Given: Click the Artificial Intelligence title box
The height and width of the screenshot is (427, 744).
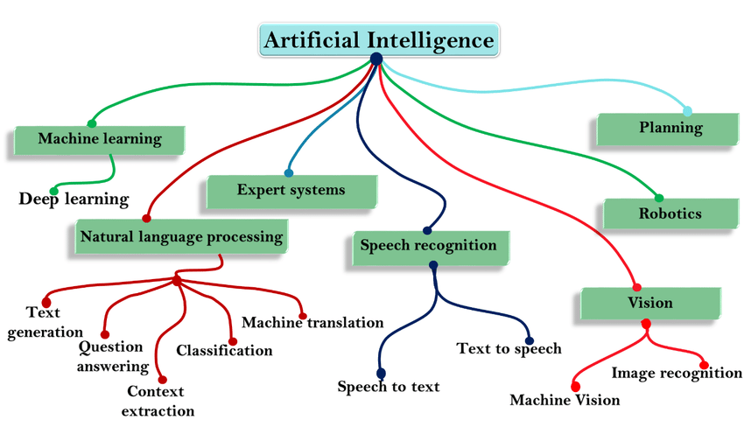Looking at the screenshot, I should [x=378, y=40].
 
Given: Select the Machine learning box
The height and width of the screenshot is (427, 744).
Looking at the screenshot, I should [x=100, y=138].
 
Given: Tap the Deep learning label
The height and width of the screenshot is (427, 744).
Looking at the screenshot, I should [x=74, y=199].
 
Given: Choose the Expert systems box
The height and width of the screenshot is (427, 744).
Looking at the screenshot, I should [x=291, y=190].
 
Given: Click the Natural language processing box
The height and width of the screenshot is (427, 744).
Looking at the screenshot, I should [x=181, y=236].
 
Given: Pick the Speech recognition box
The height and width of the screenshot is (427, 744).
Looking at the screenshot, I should [x=428, y=245].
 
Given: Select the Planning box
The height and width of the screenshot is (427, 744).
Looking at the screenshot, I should [x=670, y=128].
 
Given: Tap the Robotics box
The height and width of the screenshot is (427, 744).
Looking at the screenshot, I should [x=670, y=213].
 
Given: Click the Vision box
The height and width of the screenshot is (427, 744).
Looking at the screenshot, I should [x=650, y=303].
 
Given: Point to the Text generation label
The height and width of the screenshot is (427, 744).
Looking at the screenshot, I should [x=43, y=321].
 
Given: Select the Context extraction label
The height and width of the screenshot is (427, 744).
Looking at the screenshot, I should [x=158, y=401].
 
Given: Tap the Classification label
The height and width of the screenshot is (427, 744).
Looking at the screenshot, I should [x=224, y=350].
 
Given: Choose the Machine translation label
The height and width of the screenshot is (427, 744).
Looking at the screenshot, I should [x=312, y=323].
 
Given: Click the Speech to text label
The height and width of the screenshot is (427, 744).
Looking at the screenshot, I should [x=389, y=386].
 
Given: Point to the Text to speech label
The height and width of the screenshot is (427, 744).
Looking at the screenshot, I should [x=509, y=348].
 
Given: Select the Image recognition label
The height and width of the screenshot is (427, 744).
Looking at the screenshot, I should [x=677, y=373].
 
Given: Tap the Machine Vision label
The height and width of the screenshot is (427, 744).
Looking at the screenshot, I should [x=565, y=400].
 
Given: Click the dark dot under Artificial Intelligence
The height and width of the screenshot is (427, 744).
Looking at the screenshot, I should [x=376, y=59].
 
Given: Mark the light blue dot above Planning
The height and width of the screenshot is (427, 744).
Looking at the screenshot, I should [x=687, y=111].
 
